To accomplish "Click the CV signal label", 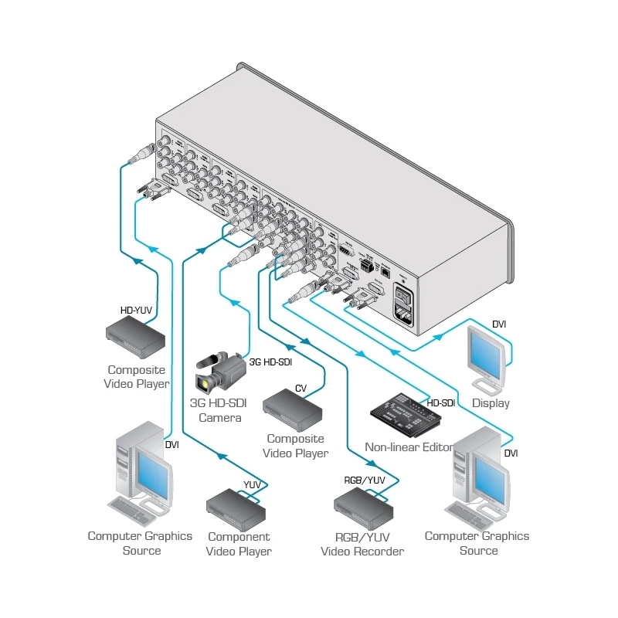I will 301,388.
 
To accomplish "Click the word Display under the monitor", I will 491,403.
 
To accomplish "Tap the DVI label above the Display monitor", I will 499,324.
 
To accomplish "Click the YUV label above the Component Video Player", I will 252,484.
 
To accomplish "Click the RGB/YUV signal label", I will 365,480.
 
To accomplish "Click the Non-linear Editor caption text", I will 409,447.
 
